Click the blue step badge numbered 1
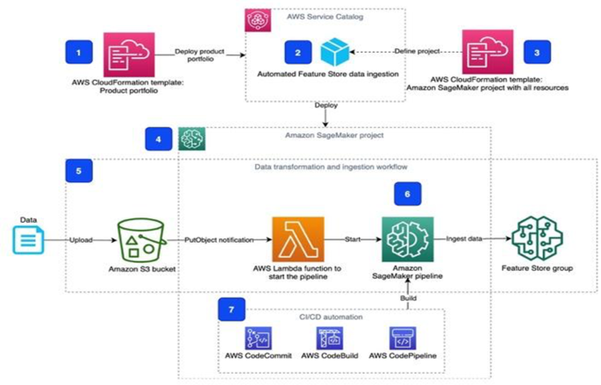[79, 53]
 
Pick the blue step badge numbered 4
[158, 138]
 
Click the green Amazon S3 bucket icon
[141, 239]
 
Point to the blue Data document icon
[25, 239]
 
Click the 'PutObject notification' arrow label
[218, 239]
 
